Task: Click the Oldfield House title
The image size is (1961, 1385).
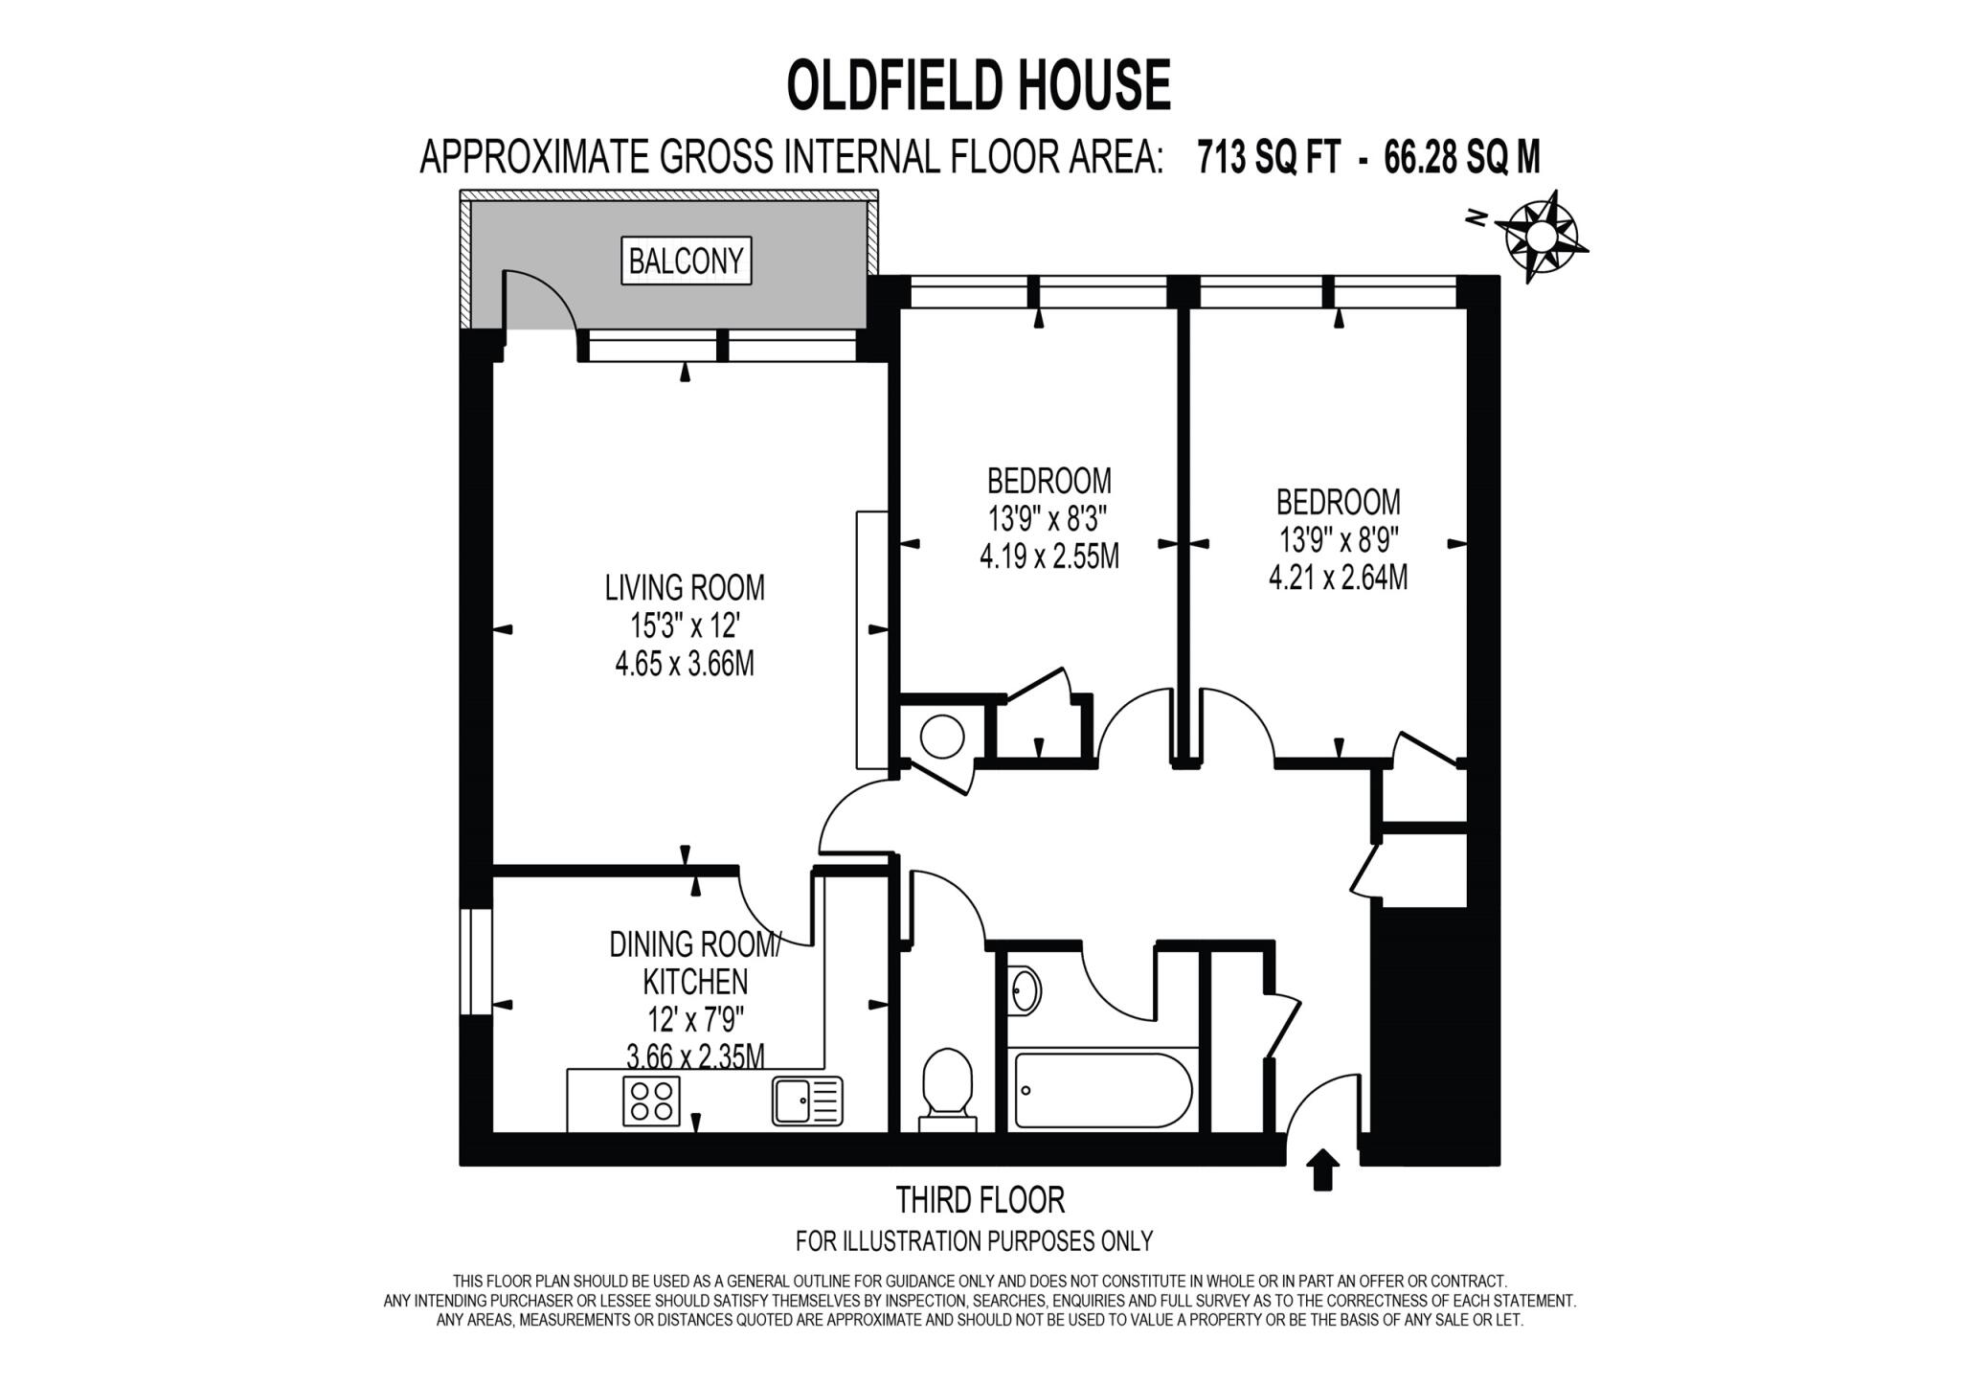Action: click(x=979, y=85)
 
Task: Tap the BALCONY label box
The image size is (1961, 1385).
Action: click(x=686, y=261)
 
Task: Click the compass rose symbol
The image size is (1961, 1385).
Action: click(x=1541, y=236)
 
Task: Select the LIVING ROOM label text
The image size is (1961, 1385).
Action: click(x=685, y=587)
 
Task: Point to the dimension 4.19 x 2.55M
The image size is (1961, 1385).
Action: click(x=1049, y=556)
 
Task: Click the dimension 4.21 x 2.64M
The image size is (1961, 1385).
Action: click(x=1338, y=579)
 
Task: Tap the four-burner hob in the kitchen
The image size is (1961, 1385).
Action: click(x=651, y=1101)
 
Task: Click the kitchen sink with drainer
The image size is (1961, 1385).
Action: click(x=807, y=1101)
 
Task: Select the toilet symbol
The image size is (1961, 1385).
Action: click(x=947, y=1087)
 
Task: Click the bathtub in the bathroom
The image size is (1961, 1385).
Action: click(x=1103, y=1091)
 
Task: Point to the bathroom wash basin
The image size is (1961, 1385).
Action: click(x=1025, y=990)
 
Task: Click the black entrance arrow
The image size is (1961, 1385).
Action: click(x=1322, y=1169)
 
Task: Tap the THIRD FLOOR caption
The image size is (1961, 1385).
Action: click(x=980, y=1200)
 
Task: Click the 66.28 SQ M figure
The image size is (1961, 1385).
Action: click(x=1462, y=157)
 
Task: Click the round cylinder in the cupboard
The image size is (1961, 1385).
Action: click(x=942, y=737)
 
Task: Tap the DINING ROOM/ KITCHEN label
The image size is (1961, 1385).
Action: click(x=695, y=964)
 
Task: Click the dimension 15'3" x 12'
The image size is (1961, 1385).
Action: click(x=685, y=626)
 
